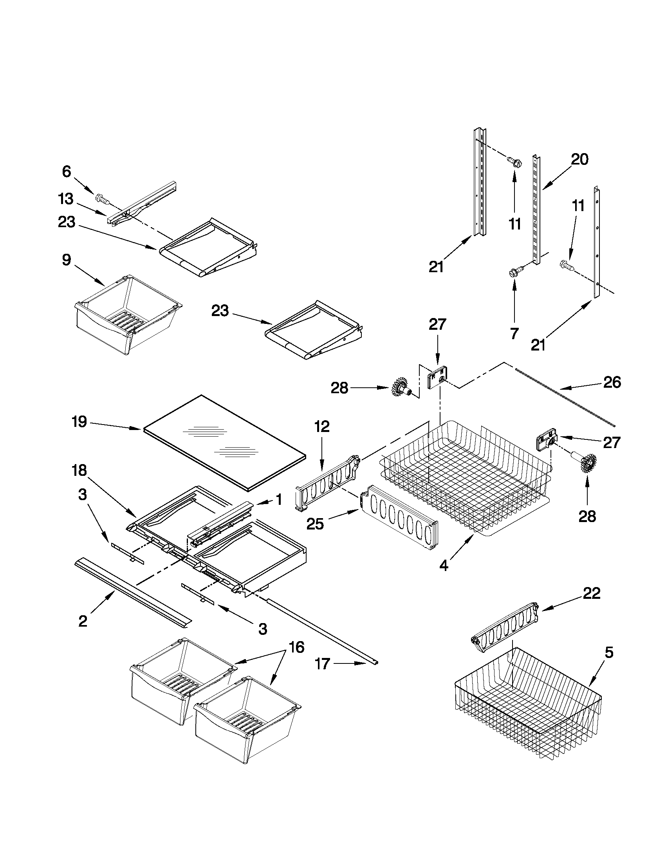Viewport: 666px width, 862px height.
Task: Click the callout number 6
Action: pyautogui.click(x=66, y=171)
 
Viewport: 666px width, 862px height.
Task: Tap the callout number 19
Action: pyautogui.click(x=79, y=421)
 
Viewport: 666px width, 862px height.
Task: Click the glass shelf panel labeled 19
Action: pyautogui.click(x=225, y=442)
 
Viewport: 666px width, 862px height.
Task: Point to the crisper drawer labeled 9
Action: pyautogui.click(x=126, y=316)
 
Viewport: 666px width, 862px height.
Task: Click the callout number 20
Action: pyautogui.click(x=579, y=159)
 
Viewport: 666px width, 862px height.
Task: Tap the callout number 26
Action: pyautogui.click(x=612, y=382)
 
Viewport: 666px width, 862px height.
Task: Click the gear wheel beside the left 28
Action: pyautogui.click(x=401, y=389)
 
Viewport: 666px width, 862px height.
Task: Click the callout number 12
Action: pyautogui.click(x=321, y=426)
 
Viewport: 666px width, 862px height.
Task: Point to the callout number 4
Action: pyautogui.click(x=444, y=566)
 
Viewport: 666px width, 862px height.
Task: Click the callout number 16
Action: pyautogui.click(x=296, y=647)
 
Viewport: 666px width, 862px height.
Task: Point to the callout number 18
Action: pyautogui.click(x=79, y=470)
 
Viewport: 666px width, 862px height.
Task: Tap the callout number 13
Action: pyautogui.click(x=66, y=199)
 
